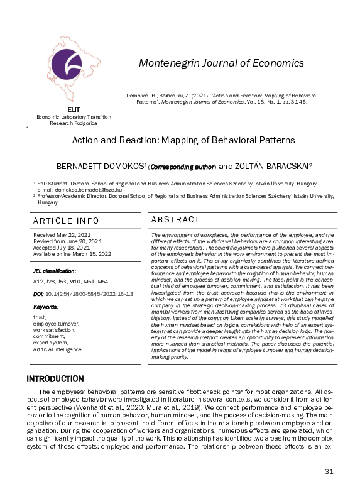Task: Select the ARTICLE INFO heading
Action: pos(66,221)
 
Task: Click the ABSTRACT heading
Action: pos(175,219)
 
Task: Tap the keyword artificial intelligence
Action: pos(58,348)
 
